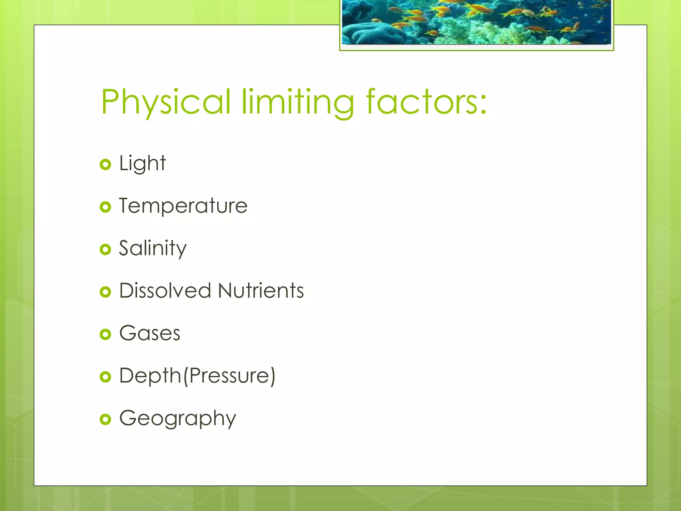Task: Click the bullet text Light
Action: [142, 163]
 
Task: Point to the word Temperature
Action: [183, 206]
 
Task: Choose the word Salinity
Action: [153, 249]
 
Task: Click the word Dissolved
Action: [165, 290]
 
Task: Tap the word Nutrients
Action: [261, 290]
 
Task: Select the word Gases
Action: [150, 333]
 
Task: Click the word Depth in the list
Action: [150, 376]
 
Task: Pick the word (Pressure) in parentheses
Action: [229, 376]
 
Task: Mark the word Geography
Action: [178, 419]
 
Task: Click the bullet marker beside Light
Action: [105, 164]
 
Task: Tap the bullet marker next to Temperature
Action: [105, 207]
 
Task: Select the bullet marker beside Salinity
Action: [105, 249]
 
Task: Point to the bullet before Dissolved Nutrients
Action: [105, 292]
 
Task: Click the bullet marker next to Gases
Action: [105, 334]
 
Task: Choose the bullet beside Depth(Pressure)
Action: [105, 377]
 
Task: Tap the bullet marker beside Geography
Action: [105, 419]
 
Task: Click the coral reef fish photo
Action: [477, 22]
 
